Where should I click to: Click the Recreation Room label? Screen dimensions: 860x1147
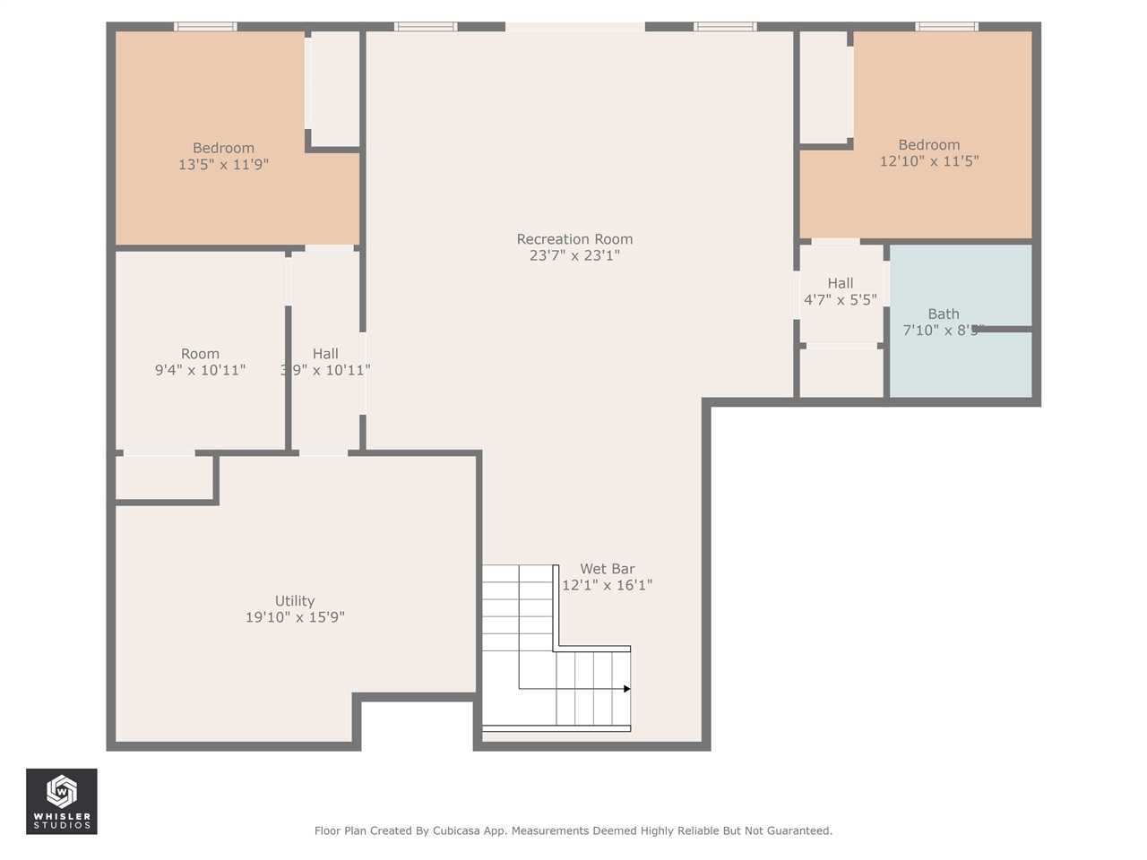click(574, 239)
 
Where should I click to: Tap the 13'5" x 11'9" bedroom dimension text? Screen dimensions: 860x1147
click(223, 165)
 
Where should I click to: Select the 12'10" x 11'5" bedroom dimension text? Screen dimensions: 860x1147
click(929, 161)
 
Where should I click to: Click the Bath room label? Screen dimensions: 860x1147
click(944, 314)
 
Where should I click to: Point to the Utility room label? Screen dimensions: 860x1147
click(295, 601)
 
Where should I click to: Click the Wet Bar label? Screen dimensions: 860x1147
click(607, 569)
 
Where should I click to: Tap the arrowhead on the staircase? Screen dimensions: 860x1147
click(627, 689)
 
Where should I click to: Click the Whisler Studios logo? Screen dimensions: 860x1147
click(62, 802)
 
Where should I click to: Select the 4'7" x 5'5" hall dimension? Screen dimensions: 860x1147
click(840, 300)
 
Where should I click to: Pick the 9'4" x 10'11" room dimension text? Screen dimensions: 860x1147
click(200, 370)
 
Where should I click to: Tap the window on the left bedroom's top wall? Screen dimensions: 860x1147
click(205, 27)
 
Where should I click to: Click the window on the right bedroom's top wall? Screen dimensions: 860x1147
click(946, 27)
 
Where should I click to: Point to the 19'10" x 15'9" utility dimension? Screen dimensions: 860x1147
click(295, 617)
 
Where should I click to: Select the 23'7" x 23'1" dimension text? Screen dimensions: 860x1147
click(574, 255)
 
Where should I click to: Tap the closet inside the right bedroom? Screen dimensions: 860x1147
click(824, 86)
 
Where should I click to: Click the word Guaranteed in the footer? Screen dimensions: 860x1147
click(799, 831)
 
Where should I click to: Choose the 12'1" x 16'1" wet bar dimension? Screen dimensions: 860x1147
click(607, 585)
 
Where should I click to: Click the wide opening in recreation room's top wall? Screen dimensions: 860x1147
click(574, 27)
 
